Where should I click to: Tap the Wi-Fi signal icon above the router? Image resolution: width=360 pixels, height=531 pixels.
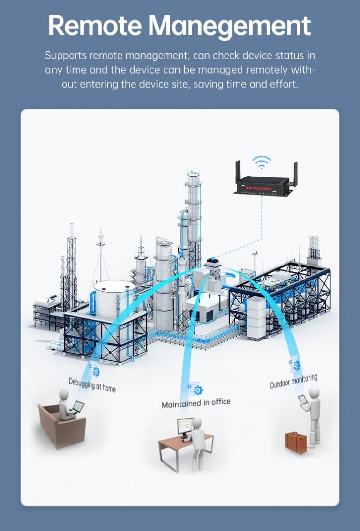pos(262,162)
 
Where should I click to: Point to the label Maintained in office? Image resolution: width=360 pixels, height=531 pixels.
pos(196,403)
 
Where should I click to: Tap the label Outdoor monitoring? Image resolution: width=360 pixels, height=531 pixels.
pos(294,381)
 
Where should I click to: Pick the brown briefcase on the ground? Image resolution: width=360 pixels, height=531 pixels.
pos(295,442)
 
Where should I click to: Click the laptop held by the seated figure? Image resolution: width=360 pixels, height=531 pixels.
pos(77,407)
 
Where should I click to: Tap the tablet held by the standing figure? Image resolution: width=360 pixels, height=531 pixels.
pos(302,399)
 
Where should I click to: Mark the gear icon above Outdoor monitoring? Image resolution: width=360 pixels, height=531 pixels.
pos(295,365)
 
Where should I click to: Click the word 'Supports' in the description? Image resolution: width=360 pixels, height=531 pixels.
pos(65,55)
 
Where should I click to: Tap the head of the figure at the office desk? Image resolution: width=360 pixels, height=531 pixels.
pos(196,422)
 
